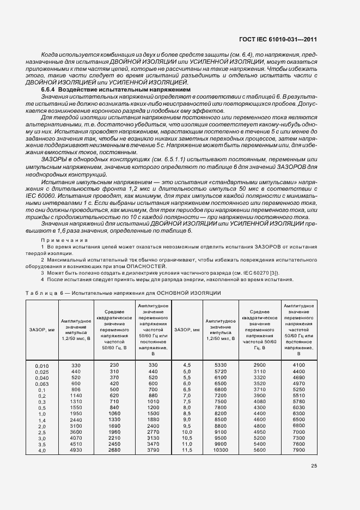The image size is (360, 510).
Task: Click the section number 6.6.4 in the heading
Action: (49, 89)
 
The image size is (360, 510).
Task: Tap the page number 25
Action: (314, 465)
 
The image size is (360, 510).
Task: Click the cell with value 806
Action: (76, 390)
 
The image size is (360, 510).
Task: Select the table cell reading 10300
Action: (221, 451)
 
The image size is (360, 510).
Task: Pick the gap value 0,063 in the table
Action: (41, 384)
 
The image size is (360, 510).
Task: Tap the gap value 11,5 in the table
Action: (186, 451)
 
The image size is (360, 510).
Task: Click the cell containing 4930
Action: (76, 451)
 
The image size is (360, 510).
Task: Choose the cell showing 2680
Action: (114, 451)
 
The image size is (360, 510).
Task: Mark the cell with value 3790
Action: (152, 451)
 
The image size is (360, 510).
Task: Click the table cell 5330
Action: (221, 365)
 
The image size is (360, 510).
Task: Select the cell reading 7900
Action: (299, 451)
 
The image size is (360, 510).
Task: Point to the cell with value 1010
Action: (152, 402)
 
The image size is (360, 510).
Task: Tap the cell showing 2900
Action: (259, 365)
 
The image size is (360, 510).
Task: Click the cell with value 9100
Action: (221, 432)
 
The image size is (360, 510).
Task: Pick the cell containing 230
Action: (114, 365)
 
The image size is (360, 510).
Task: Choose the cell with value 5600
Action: (259, 451)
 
